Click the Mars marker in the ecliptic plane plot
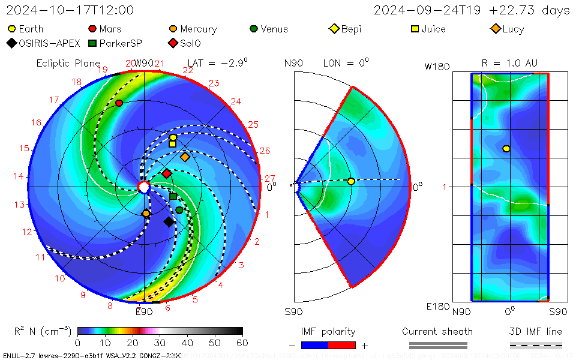[x=119, y=103]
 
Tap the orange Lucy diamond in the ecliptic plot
[x=185, y=157]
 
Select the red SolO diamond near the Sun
[x=166, y=174]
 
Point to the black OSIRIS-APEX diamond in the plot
[x=169, y=222]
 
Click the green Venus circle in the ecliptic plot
[x=179, y=210]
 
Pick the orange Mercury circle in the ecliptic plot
[x=146, y=214]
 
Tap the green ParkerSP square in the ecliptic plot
[x=173, y=197]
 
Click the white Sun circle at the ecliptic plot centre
[x=143, y=188]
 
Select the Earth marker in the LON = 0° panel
[x=351, y=181]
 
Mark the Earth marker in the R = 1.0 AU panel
[x=506, y=149]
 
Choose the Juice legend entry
[x=429, y=29]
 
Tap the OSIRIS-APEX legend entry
[x=41, y=43]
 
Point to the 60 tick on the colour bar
[x=242, y=343]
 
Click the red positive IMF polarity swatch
[x=342, y=345]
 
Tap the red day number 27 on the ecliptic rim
[x=270, y=178]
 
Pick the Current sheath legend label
[x=437, y=331]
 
